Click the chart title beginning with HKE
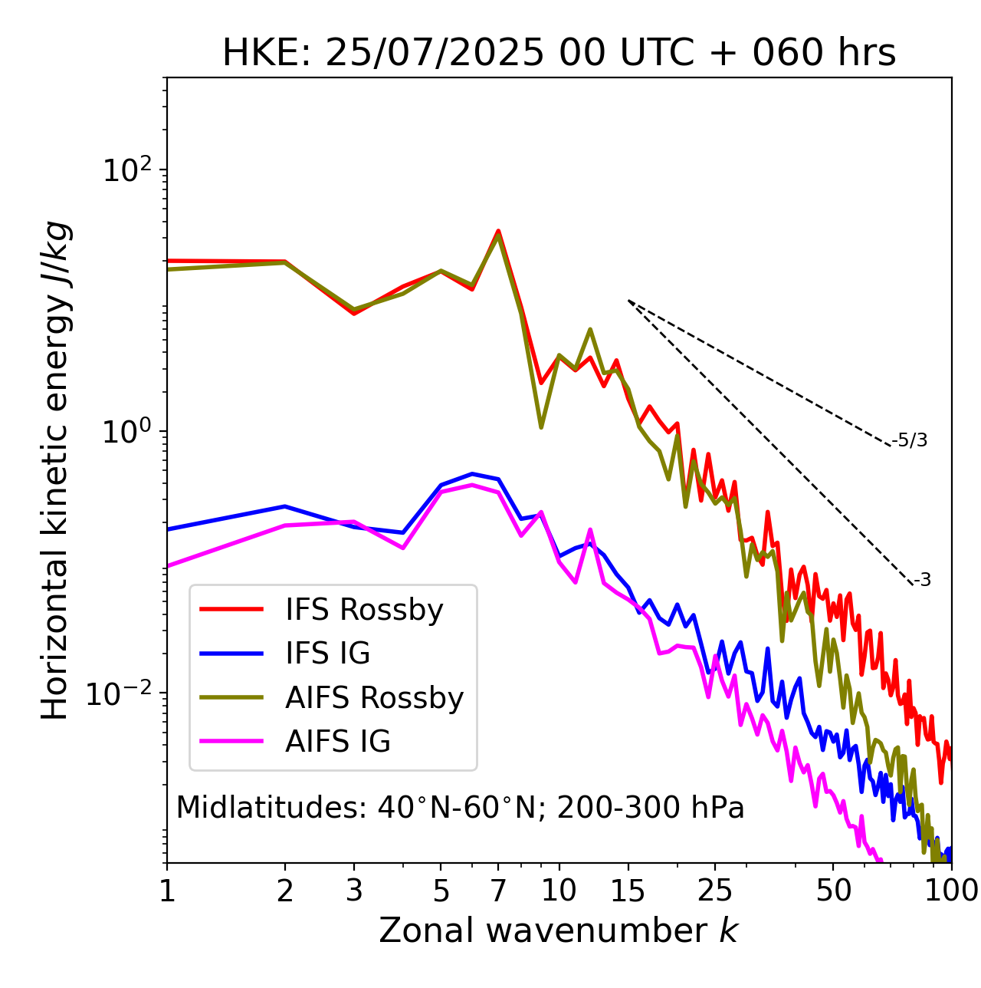coord(559,54)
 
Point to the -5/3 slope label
coord(910,440)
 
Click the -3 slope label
coord(922,581)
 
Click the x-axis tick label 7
coord(498,891)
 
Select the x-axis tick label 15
coord(628,891)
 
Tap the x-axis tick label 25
coord(715,891)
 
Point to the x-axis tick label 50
coord(833,891)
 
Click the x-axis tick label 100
coord(951,891)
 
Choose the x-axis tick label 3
coord(354,891)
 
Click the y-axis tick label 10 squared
coord(126,170)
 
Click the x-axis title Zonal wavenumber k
coord(559,930)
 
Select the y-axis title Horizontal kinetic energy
coord(56,470)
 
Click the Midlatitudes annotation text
coord(460,808)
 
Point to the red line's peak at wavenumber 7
coord(498,230)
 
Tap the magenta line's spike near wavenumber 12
coord(590,529)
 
